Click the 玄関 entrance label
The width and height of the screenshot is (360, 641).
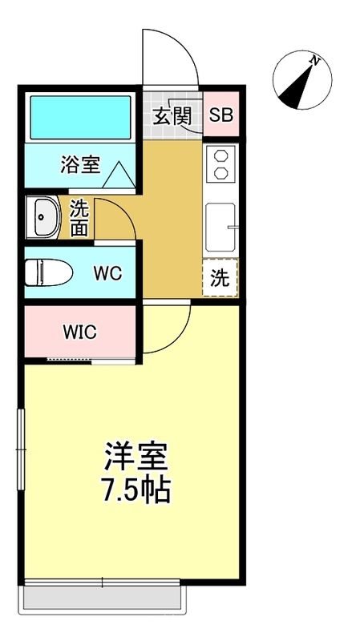171,115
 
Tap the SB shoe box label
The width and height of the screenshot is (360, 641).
220,115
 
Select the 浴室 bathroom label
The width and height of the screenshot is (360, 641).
80,165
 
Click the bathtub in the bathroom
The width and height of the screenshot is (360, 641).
79,117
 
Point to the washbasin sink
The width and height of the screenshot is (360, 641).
43,216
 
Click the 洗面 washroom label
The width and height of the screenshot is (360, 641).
79,216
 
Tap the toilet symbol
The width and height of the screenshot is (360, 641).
47,273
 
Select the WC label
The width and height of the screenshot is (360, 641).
107,273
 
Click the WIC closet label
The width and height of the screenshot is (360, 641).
80,332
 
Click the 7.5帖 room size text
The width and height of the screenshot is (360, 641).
136,489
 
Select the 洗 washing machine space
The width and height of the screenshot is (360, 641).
220,279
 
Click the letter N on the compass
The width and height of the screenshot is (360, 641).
316,60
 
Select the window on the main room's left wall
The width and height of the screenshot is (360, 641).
22,449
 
